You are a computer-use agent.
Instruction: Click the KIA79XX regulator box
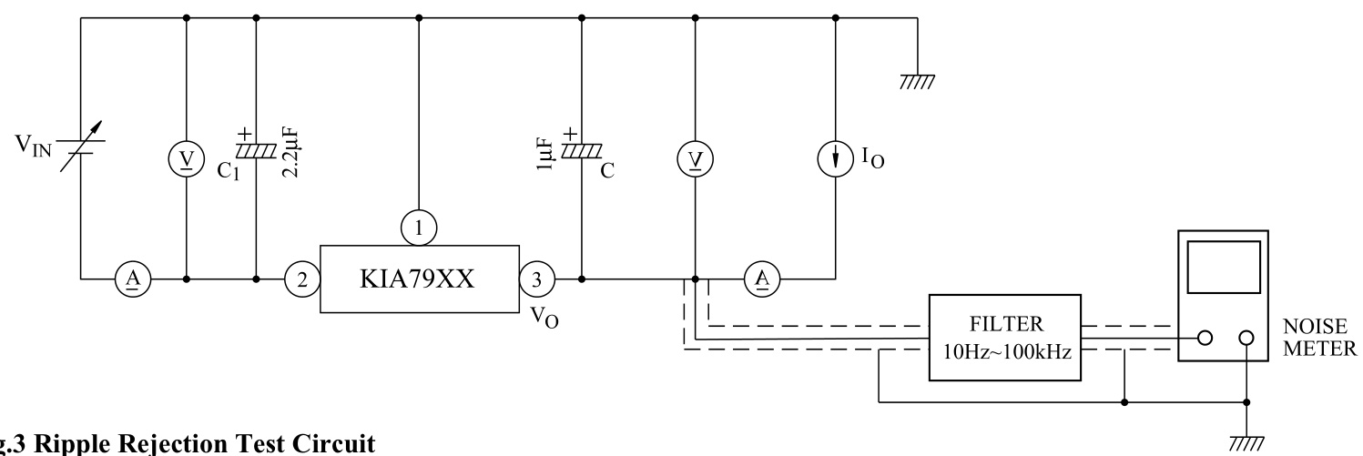click(419, 278)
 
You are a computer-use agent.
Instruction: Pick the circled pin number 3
click(535, 278)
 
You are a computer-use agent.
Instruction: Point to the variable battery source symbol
click(81, 147)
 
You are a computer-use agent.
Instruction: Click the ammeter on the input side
click(133, 278)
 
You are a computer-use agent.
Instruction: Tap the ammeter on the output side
click(759, 278)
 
